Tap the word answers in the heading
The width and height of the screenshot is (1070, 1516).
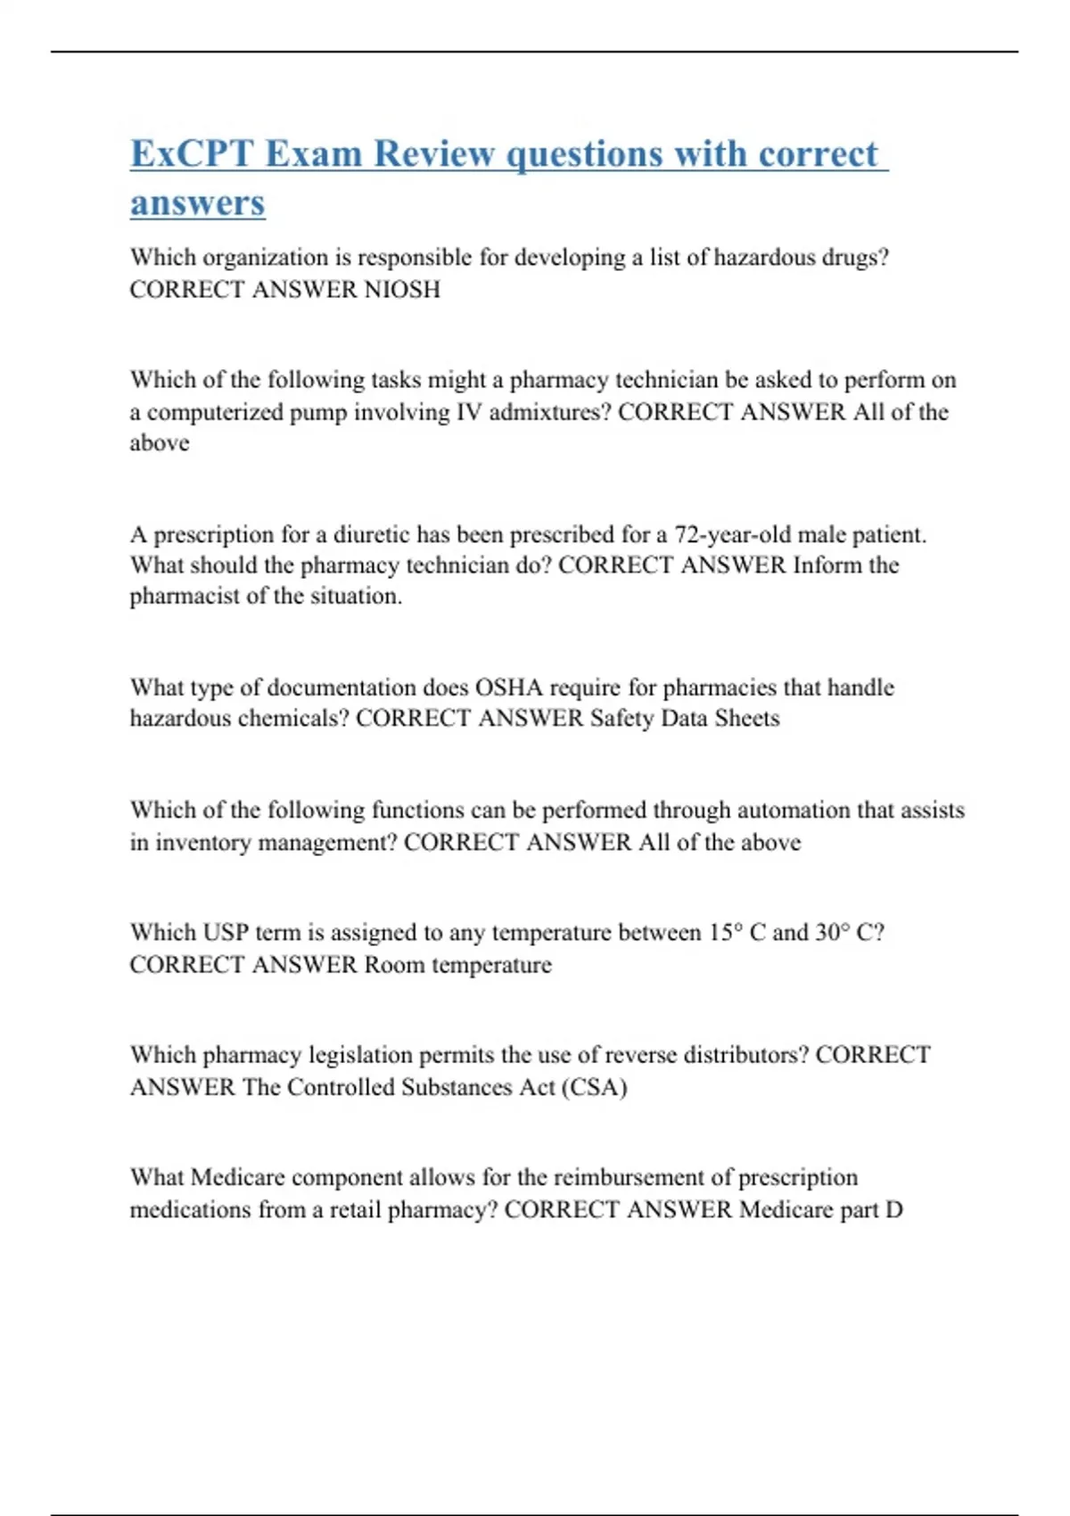[197, 202]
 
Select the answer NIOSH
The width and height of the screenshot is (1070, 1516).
[402, 289]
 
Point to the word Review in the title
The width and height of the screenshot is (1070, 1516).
[433, 153]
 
